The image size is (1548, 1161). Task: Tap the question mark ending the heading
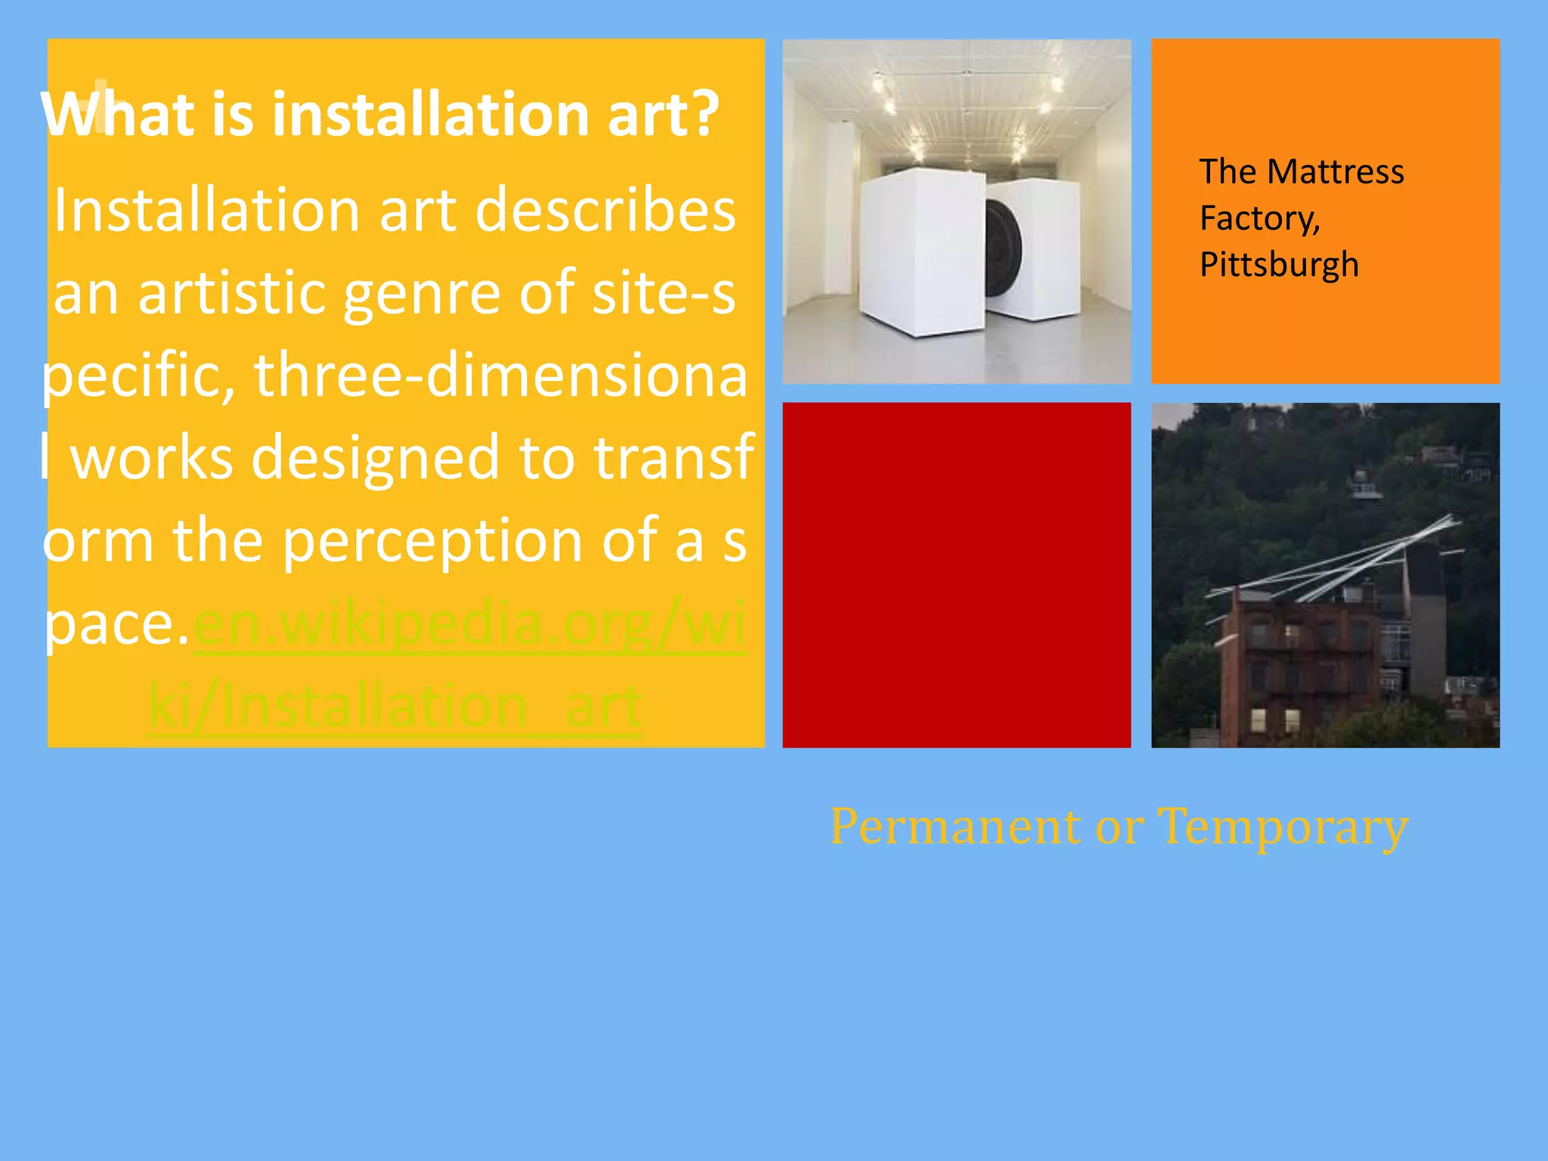[x=704, y=115]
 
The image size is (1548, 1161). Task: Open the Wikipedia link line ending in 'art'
[x=395, y=706]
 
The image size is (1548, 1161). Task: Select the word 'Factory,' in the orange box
[x=1259, y=218]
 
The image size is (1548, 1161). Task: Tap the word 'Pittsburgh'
[x=1279, y=265]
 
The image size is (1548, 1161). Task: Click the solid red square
[x=956, y=574]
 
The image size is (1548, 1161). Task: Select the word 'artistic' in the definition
[x=232, y=293]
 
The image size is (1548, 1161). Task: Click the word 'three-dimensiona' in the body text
[x=500, y=376]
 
